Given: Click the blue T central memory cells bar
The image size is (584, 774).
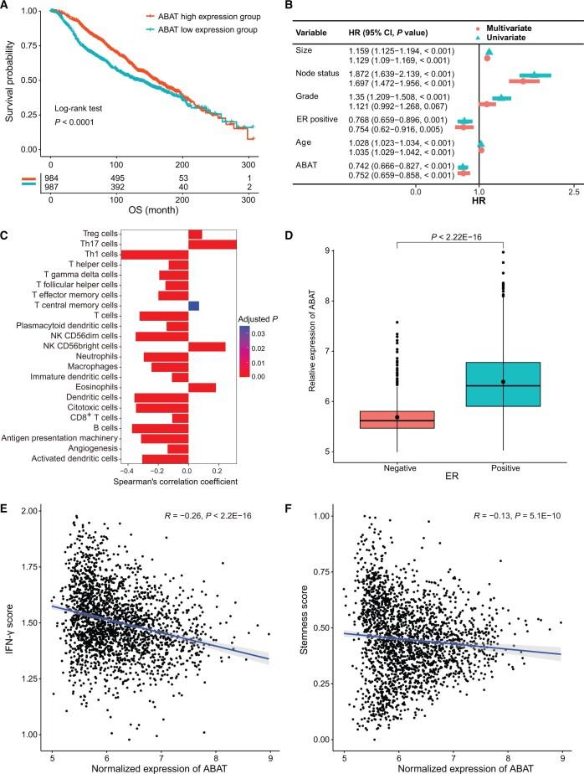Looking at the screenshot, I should [x=193, y=306].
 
